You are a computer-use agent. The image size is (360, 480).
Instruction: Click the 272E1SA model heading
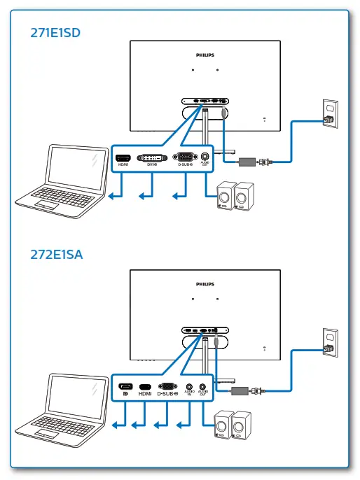point(56,255)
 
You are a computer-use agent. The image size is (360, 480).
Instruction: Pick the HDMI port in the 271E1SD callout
point(123,157)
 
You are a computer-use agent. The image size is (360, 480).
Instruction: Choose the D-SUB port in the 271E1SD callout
point(185,157)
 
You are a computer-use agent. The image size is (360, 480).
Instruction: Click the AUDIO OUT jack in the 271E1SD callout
point(205,157)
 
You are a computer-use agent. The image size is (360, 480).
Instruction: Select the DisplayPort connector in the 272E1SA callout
point(125,387)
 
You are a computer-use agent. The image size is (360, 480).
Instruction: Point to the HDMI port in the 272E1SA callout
point(145,387)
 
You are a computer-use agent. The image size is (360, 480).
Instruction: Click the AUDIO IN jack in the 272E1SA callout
point(189,386)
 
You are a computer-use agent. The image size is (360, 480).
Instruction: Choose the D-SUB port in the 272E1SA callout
point(167,386)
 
